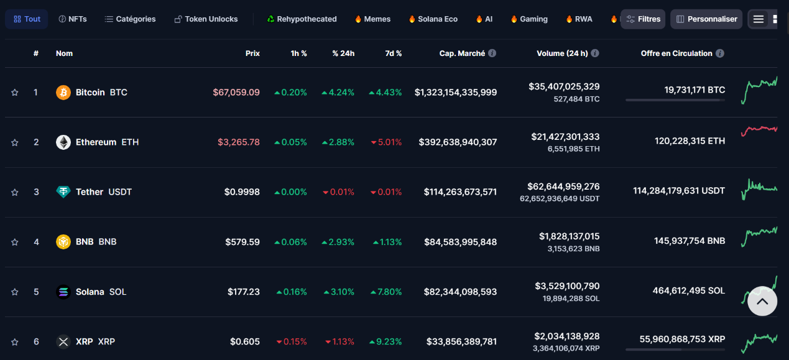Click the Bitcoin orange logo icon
coord(63,93)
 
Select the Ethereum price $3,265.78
coord(238,142)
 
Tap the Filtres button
coord(643,19)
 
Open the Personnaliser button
coord(706,19)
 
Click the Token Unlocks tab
coord(206,19)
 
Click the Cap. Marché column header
coord(462,53)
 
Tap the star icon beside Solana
coord(15,292)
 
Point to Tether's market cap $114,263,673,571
coord(460,192)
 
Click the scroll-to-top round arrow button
coord(762,301)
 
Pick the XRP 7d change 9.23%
coord(385,342)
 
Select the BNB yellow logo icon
coord(63,242)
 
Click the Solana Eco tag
coord(433,19)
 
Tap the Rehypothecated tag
coord(302,19)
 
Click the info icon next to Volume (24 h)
coord(595,53)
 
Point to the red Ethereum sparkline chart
coord(759,129)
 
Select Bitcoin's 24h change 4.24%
coord(338,93)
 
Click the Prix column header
coord(252,53)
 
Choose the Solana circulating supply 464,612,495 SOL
coord(688,291)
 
